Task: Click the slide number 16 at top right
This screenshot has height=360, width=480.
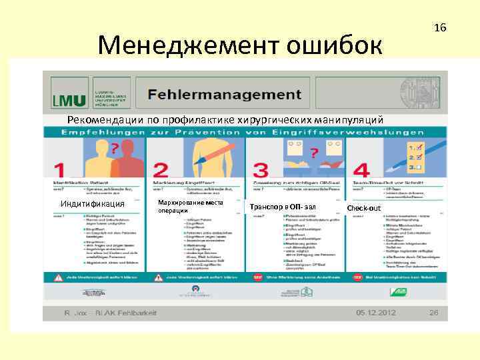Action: pos(439,28)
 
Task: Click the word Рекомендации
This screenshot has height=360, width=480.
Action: pos(100,120)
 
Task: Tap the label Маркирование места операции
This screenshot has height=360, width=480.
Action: pos(190,206)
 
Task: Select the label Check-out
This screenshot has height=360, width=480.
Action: pos(364,208)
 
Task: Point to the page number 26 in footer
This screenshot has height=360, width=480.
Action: pos(433,313)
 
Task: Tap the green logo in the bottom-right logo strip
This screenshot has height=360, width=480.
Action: pos(399,291)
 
